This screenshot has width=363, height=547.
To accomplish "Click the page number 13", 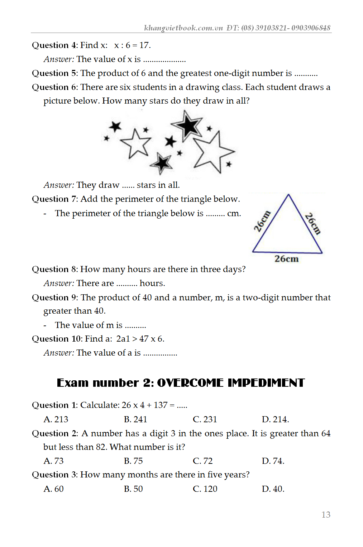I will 326,515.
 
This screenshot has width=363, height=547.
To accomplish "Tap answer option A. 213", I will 56,419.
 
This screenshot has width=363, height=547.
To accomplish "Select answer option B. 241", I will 135,419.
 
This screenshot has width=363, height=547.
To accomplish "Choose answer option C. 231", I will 205,419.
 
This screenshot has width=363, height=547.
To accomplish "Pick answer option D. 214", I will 275,419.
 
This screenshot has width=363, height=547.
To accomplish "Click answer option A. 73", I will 53,461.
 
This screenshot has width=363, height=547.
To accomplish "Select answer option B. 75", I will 133,461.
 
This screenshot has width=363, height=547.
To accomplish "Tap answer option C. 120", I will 205,489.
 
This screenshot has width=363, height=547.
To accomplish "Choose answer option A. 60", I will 53,489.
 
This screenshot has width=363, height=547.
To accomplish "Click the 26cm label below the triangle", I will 286,259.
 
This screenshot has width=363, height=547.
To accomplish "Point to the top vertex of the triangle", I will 288,195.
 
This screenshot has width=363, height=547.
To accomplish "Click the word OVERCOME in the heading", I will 190,383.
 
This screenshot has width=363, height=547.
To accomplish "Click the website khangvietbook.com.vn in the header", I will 183,28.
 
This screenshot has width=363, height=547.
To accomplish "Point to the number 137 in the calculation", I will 161,405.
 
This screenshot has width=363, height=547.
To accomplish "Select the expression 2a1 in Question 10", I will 123,339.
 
